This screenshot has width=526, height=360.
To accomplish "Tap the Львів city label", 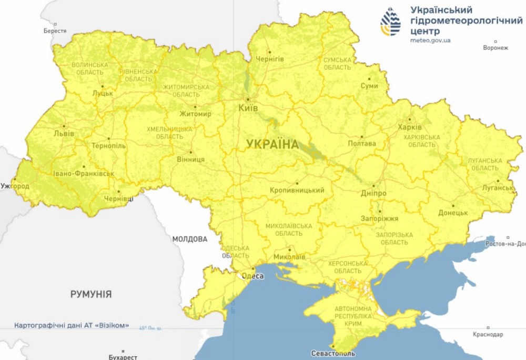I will [64, 134].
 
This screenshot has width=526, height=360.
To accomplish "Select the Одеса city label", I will [252, 275].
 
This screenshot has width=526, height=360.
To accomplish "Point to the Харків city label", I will [410, 127].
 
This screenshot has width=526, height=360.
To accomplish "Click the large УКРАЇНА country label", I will [272, 144].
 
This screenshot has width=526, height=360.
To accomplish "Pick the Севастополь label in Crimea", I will [333, 353].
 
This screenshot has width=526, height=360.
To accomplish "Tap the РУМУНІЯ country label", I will [91, 294].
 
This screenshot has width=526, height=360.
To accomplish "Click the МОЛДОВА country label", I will [190, 239].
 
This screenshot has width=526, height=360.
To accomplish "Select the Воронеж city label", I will [495, 48].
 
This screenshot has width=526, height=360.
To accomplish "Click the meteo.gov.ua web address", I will [430, 40].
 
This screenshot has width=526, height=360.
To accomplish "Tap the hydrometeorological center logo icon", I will [390, 22].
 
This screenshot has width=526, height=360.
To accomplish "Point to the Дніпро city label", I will [373, 193].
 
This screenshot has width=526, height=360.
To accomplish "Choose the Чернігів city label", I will [269, 59].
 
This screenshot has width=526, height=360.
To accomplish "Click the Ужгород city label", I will [15, 186].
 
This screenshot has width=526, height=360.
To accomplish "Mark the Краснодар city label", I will [488, 334].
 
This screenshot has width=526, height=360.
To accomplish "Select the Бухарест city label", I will [123, 356].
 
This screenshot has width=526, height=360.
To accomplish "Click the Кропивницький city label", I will [297, 190].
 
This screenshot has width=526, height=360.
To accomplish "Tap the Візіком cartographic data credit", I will [72, 325].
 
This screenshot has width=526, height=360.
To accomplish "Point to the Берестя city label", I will [55, 31].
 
